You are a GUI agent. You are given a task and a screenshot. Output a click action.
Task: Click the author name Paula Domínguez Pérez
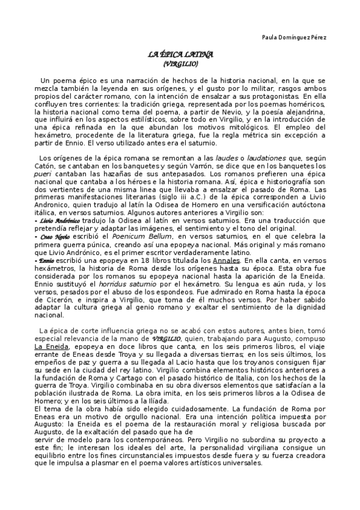point(294,37)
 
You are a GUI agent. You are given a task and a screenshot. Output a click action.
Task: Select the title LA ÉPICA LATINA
point(181,55)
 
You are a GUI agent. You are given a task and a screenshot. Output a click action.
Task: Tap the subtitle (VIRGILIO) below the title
point(180,63)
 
